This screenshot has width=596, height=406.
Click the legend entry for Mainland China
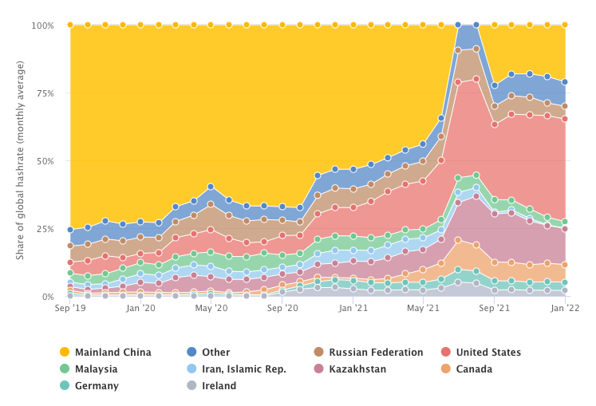pos(113,352)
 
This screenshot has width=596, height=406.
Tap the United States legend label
pos(487,352)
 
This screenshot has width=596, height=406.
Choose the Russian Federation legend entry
pos(376,352)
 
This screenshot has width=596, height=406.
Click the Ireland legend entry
pos(219,385)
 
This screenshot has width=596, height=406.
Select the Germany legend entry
pos(96,385)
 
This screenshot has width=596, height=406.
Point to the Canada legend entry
pos(474,369)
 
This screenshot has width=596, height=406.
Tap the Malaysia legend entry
pos(96,369)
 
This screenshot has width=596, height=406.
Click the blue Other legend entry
pos(215,352)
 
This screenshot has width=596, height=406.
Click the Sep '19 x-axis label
pos(70,308)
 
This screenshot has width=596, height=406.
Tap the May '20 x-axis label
pos(211,308)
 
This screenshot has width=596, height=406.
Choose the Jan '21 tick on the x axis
pos(353,308)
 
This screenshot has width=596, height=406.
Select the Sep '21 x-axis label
pos(495,308)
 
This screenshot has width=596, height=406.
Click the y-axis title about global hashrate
pos(20,160)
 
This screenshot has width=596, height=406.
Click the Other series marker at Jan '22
pos(565,82)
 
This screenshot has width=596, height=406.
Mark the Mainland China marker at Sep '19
pos(70,25)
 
